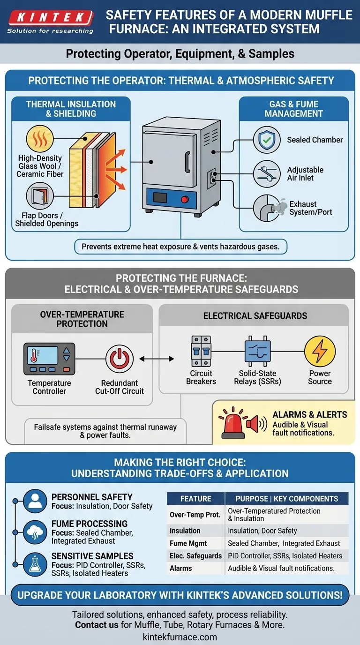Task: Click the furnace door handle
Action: tap(188, 162)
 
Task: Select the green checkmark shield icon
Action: tap(267, 140)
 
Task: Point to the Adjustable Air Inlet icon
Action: tap(267, 173)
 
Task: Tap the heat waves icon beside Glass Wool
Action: tap(40, 139)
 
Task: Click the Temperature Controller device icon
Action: tap(49, 359)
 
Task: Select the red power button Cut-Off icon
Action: tap(119, 359)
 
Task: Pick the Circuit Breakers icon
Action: tap(201, 351)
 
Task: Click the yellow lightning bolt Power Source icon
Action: tap(320, 352)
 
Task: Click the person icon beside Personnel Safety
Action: tap(35, 501)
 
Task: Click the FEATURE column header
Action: tap(196, 499)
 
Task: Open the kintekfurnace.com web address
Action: tap(180, 637)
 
